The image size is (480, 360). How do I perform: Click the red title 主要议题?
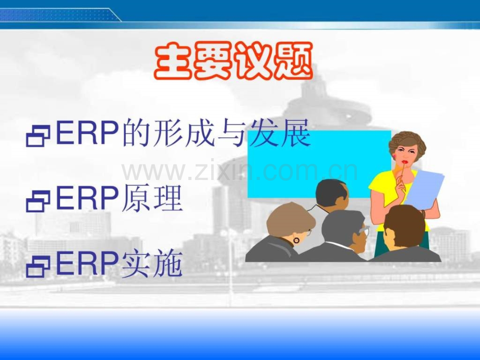pos(234,61)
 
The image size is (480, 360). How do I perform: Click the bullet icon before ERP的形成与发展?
pos(38,136)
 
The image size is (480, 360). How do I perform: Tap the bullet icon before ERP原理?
pos(38,201)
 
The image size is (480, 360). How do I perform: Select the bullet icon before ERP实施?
pos(38,266)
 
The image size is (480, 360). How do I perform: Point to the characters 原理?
pos(152,198)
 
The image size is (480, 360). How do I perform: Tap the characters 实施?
pos(152,263)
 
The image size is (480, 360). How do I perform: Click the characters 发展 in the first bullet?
pos(280,134)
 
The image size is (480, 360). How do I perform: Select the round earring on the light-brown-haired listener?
pos(296,241)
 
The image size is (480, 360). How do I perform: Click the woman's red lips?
pos(405,162)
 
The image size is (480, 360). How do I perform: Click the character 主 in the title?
pos(174,61)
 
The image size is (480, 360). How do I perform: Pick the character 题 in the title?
pos(293,61)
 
